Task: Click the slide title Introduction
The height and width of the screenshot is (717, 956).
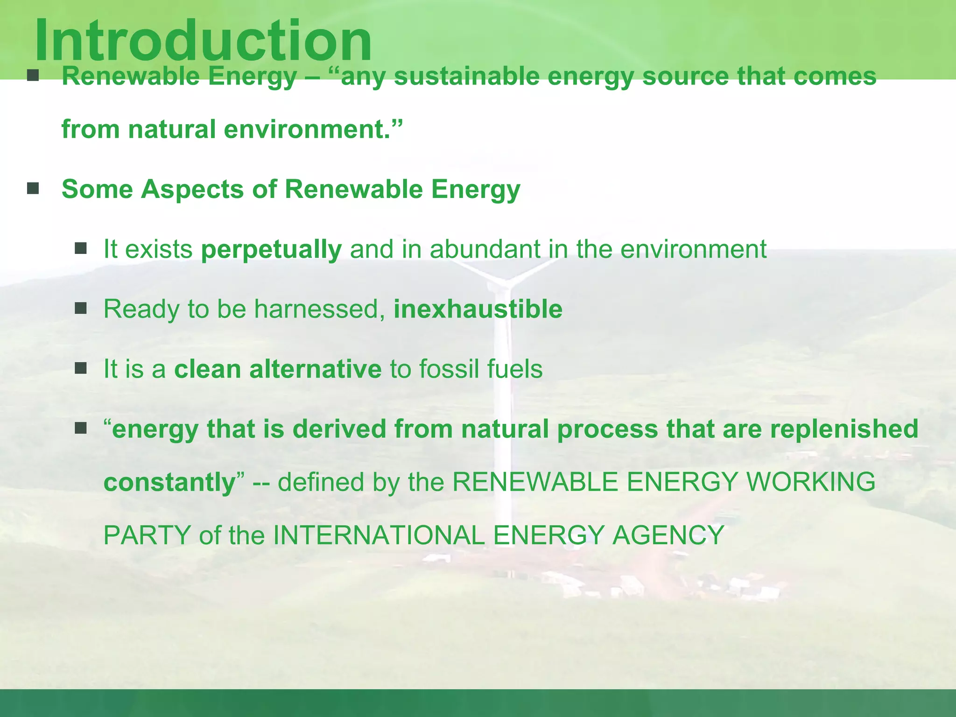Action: (x=203, y=41)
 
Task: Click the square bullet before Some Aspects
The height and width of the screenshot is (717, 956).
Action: (x=33, y=189)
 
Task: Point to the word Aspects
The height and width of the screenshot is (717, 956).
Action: (x=192, y=190)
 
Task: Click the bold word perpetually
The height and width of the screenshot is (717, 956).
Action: (x=271, y=249)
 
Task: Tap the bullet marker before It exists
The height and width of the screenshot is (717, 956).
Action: (x=81, y=248)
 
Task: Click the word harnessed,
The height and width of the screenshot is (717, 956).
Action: (x=319, y=309)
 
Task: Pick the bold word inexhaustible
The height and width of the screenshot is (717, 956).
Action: (x=478, y=309)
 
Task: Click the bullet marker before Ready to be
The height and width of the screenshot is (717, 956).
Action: (x=81, y=308)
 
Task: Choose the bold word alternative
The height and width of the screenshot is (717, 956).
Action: (x=315, y=369)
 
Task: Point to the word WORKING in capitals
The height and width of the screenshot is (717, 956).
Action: (x=811, y=482)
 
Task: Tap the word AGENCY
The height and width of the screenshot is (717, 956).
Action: (x=668, y=535)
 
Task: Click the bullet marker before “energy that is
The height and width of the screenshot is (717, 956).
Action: (x=81, y=428)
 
